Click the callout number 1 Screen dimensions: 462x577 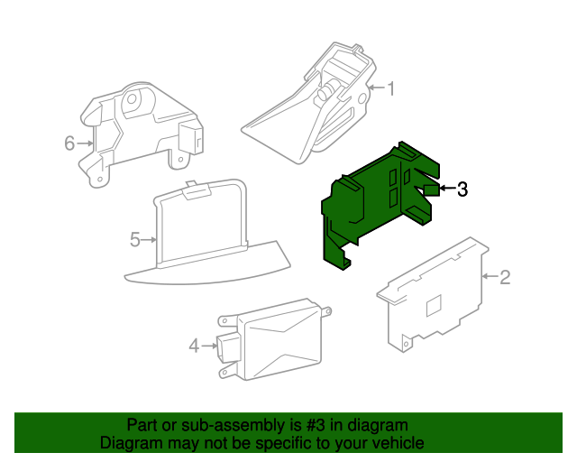coord(392,88)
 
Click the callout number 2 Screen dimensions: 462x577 coord(505,277)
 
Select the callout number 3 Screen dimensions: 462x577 coord(463,189)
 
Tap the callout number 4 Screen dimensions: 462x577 coord(193,345)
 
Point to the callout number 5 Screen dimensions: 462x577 coord(135,240)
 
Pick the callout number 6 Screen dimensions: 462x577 coord(69,143)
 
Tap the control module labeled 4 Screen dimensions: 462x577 coord(270,338)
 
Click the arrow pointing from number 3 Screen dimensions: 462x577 coord(446,189)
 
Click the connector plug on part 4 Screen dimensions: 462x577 coord(225,346)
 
